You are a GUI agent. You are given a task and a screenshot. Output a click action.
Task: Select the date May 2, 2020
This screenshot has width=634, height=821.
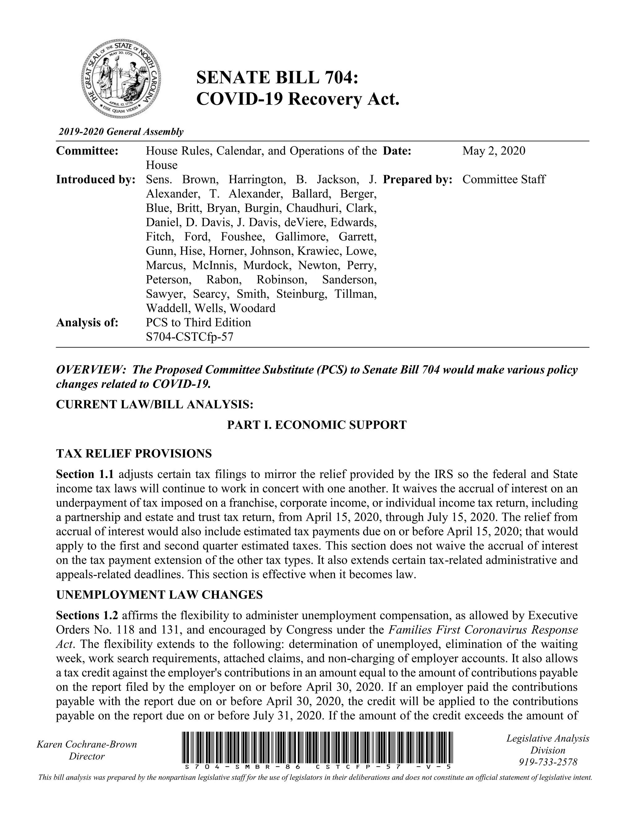point(493,151)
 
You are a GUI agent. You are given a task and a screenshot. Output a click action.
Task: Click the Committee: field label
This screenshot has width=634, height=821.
point(87,151)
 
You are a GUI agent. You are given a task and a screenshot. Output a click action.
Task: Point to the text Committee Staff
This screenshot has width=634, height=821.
point(503,179)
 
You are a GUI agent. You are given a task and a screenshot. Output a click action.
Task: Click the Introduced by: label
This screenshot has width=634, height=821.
point(96,179)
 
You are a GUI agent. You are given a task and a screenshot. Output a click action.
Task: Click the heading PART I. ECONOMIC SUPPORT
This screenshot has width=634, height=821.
point(317,425)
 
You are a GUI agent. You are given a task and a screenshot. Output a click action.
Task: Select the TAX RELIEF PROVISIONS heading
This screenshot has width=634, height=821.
point(134,454)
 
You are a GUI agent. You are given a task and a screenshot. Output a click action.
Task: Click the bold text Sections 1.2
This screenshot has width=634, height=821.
point(87,615)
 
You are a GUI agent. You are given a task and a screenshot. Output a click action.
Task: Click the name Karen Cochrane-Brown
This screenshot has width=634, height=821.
point(87,744)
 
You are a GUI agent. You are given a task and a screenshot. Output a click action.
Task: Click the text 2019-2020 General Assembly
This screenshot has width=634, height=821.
point(121,132)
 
